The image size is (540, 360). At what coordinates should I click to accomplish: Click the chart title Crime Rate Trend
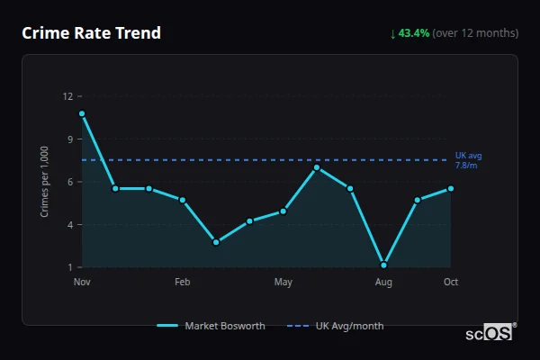(x=91, y=33)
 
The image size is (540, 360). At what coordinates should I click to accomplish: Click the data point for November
(x=82, y=114)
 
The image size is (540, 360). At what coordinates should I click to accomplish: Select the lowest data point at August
(x=383, y=265)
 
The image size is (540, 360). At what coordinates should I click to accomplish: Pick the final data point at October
(x=451, y=188)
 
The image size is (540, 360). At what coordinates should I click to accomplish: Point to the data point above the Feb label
(x=183, y=200)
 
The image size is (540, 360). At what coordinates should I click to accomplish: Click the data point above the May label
(x=283, y=211)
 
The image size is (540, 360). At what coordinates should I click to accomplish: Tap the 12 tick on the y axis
(x=67, y=95)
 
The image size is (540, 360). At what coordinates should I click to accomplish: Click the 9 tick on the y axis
(x=68, y=139)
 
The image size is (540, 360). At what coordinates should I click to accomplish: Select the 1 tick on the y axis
(x=68, y=267)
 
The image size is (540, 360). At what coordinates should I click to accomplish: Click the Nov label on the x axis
(x=82, y=283)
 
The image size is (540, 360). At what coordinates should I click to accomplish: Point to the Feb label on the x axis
(x=183, y=283)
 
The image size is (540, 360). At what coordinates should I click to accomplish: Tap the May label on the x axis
(x=283, y=283)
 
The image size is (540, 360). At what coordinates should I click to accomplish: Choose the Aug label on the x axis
(x=383, y=283)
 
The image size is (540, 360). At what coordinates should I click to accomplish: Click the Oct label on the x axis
(x=451, y=283)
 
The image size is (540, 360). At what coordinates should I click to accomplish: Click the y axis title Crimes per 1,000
(x=45, y=181)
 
